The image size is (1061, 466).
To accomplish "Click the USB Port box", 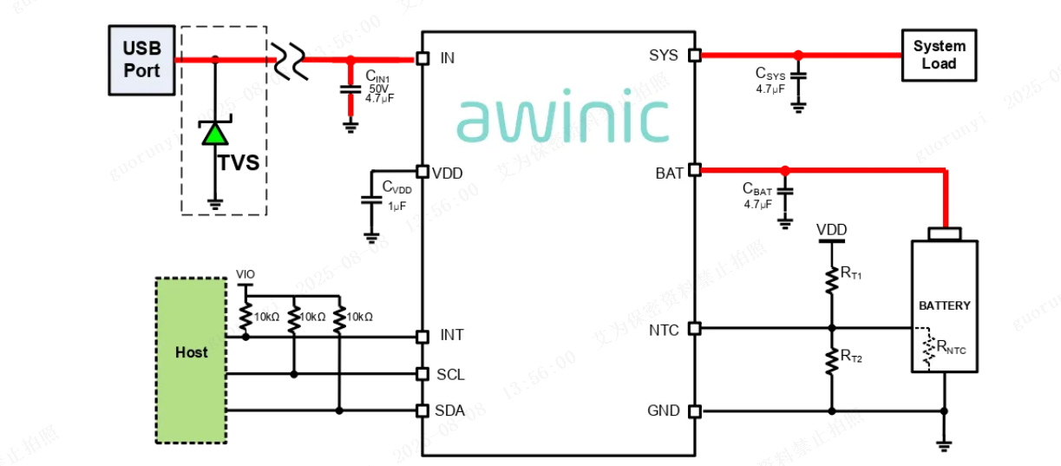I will click(x=141, y=60).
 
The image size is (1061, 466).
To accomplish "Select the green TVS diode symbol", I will click(x=215, y=133).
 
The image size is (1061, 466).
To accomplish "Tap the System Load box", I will click(x=939, y=56).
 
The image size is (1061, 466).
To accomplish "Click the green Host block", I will click(x=192, y=352).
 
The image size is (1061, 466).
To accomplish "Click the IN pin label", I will click(x=448, y=58).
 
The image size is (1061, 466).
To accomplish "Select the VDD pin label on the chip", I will click(x=448, y=173).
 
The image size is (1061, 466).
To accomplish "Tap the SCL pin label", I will click(x=450, y=374).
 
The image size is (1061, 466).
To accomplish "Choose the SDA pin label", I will click(x=450, y=410).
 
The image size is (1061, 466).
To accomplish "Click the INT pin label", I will click(x=451, y=336).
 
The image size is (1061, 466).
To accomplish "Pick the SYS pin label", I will click(x=664, y=56).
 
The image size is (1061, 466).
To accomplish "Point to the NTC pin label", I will click(x=664, y=330).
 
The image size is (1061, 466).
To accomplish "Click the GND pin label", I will click(x=664, y=410).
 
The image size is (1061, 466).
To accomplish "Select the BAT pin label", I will click(x=669, y=173).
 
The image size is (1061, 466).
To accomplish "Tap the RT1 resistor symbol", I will click(x=831, y=276).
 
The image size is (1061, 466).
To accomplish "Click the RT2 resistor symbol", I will click(x=831, y=359).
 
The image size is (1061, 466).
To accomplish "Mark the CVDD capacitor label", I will click(x=396, y=187).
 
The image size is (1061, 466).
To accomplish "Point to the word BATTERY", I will click(x=945, y=305).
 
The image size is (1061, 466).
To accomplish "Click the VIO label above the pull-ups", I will click(x=246, y=274).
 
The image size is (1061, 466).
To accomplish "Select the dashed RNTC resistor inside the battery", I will click(x=929, y=349).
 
